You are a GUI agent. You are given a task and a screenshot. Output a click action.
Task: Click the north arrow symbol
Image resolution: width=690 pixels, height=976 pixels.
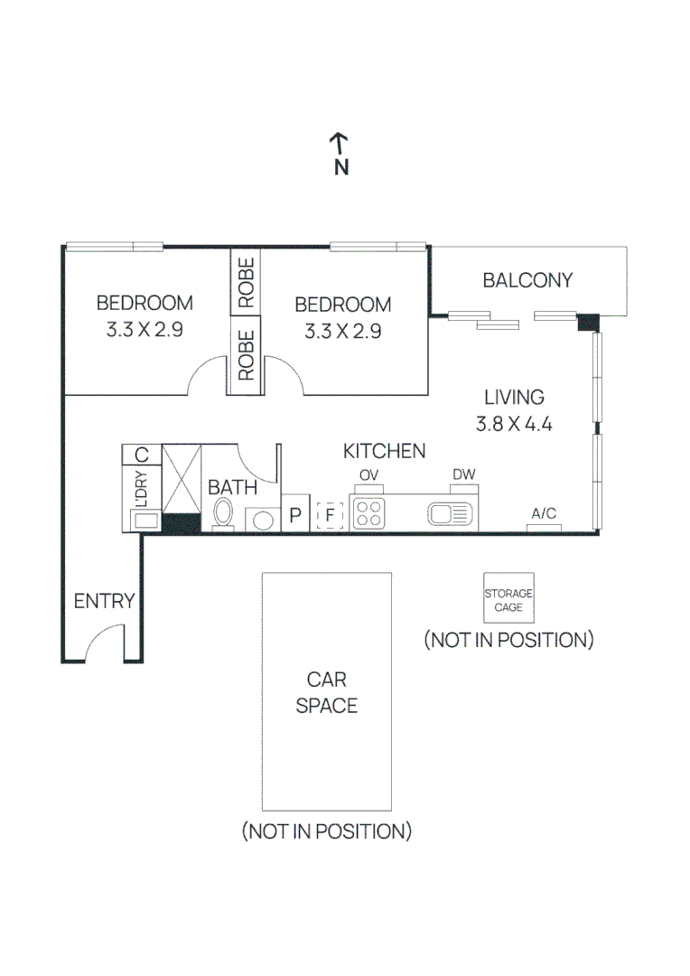339,144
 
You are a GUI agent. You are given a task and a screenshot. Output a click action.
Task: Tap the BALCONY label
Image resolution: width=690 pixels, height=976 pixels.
527,280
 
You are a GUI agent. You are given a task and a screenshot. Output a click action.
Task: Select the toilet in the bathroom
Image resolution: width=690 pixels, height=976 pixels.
223,515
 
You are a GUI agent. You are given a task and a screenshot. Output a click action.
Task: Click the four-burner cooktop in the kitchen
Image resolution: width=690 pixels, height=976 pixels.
368,513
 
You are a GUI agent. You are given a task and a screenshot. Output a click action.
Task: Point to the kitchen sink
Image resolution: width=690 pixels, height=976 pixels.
450,514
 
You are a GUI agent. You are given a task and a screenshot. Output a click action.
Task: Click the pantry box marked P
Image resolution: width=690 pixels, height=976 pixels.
295,513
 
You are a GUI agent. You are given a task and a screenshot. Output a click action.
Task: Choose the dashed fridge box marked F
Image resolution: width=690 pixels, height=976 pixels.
330,515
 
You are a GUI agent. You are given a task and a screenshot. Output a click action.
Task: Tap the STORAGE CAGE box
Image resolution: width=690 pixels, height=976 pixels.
509,597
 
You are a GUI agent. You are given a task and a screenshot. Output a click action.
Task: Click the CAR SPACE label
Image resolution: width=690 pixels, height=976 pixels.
327,692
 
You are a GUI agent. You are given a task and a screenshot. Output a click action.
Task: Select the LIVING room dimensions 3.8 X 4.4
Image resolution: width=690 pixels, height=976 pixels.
514,424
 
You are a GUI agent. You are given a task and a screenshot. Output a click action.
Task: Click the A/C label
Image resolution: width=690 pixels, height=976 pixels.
543,513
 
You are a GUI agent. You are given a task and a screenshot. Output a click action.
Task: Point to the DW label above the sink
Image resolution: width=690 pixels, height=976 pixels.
463,474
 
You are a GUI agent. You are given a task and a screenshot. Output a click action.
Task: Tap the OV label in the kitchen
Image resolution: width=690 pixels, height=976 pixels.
368,475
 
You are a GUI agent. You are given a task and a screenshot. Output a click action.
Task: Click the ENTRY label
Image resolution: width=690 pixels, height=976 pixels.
104,601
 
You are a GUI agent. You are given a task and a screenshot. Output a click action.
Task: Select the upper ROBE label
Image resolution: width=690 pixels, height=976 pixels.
246,282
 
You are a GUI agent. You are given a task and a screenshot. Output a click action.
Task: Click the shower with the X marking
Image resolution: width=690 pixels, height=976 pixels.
181,479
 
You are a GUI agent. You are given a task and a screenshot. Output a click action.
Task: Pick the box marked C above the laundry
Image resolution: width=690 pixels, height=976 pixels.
141,455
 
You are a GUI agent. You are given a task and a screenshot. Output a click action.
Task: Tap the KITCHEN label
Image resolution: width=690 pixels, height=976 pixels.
384,451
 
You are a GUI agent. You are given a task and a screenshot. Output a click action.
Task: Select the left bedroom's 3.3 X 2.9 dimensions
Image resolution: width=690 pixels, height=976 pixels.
145,329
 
